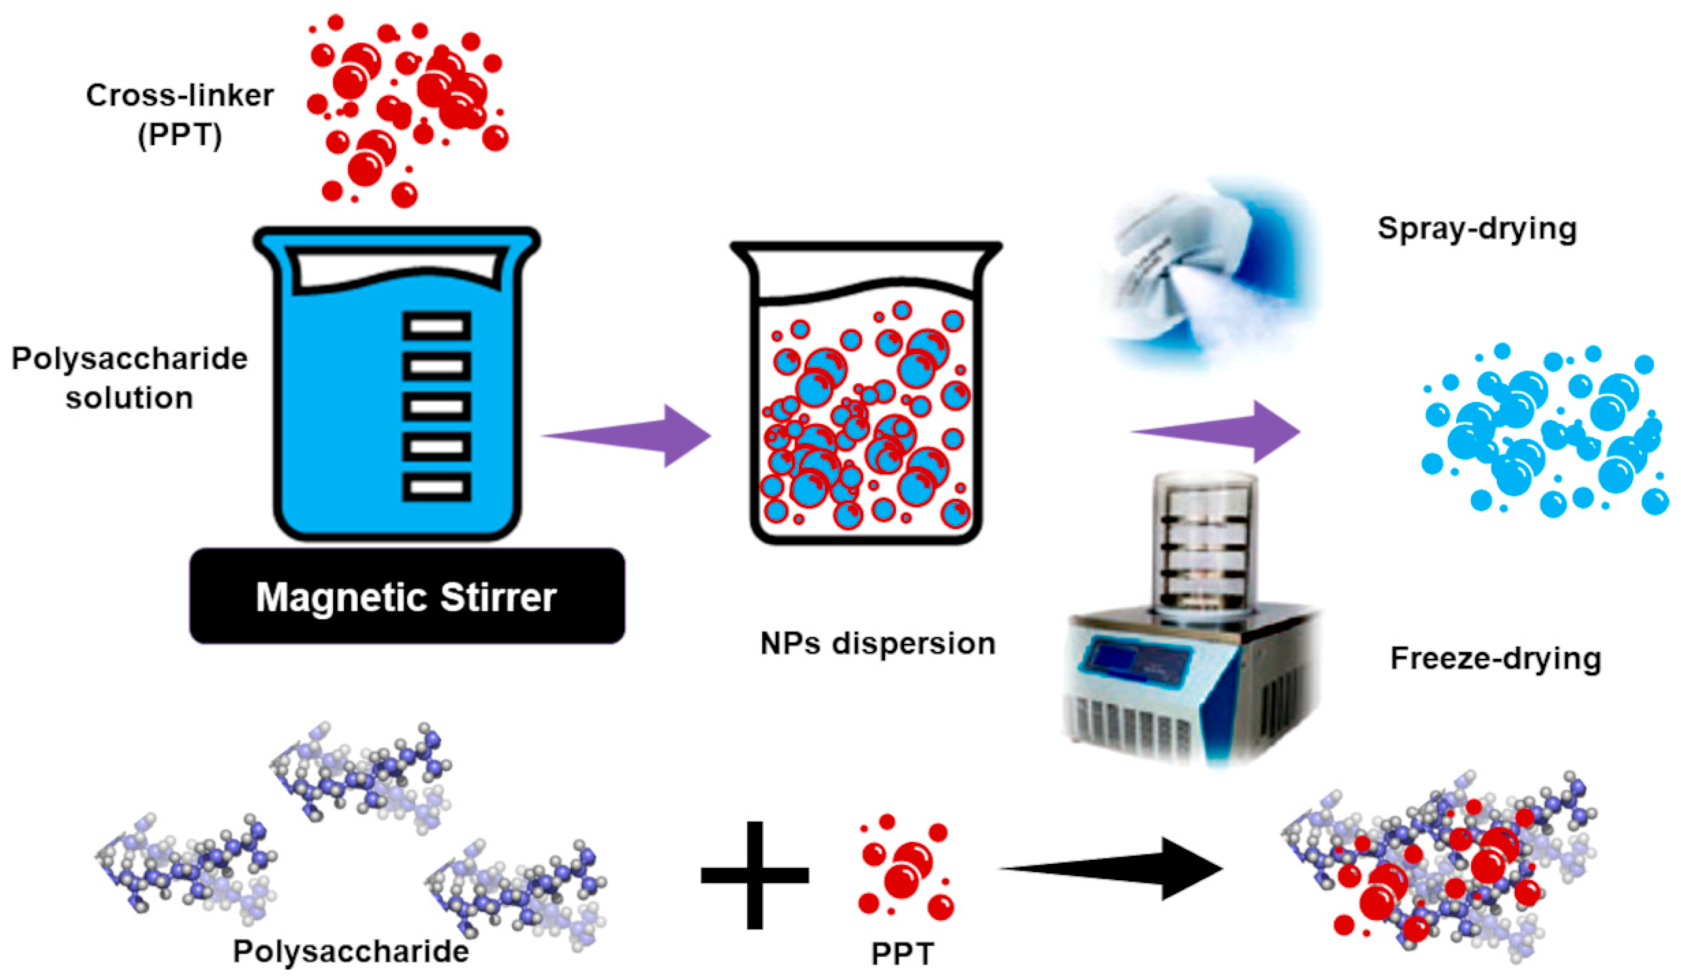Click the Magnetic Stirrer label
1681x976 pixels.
(406, 597)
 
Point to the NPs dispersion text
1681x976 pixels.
(878, 644)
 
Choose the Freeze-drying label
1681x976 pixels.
(1496, 658)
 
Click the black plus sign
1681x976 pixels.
(755, 875)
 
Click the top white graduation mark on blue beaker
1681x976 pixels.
(436, 326)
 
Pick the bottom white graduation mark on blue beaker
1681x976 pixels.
(436, 486)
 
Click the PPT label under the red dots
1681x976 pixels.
(902, 954)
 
